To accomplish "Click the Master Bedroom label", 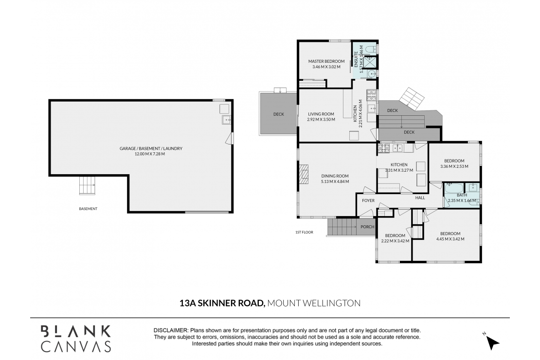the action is tap(326, 61).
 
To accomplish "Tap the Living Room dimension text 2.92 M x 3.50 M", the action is tap(321, 120).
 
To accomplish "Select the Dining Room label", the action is tap(335, 176).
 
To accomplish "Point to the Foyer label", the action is tap(368, 200).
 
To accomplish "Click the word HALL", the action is tap(420, 198).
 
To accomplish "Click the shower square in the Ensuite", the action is tap(371, 62).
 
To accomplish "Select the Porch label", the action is tap(367, 227).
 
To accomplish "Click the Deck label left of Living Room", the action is tap(279, 114).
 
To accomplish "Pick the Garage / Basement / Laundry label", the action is tap(151, 148).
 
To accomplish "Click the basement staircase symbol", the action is tap(87, 186).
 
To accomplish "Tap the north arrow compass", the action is tap(492, 342).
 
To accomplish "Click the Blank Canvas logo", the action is tap(76, 339).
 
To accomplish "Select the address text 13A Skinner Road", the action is tap(222, 303).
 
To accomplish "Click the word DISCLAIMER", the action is tap(171, 330).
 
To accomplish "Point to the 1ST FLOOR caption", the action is tap(305, 232).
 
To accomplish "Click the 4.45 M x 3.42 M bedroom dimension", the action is tap(450, 239).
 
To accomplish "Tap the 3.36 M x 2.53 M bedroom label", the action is tap(454, 166).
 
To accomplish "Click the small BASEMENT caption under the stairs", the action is tap(88, 209).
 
